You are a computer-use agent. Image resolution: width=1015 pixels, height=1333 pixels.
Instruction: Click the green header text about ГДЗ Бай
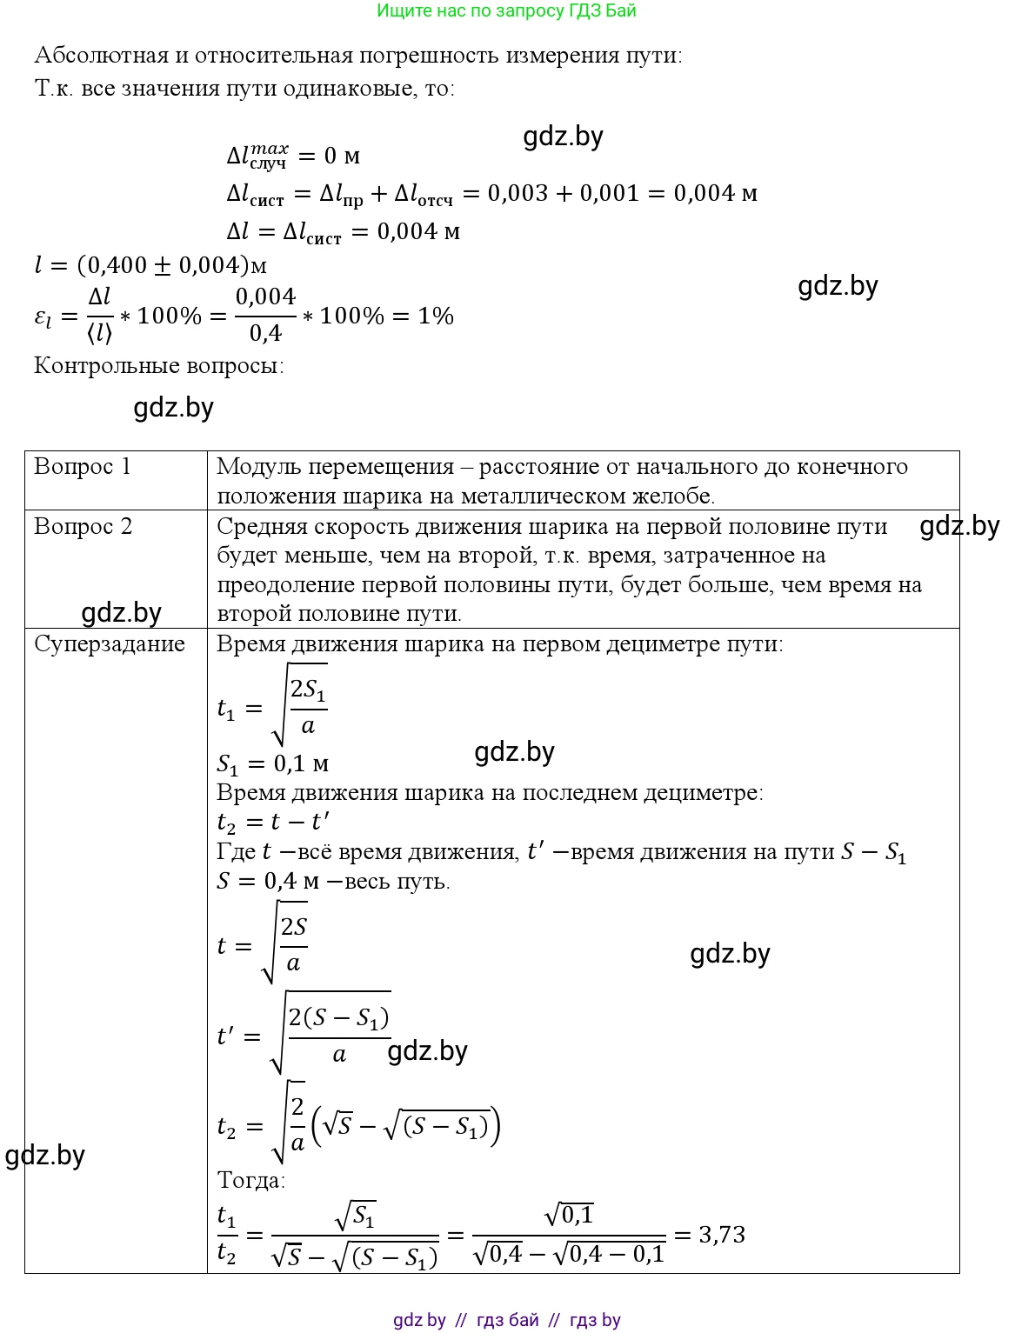506,10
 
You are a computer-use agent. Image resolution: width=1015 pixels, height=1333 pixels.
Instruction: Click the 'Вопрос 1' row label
82,467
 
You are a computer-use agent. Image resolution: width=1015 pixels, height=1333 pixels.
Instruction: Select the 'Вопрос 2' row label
83,526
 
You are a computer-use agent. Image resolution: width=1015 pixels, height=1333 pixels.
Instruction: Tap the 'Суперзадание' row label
110,644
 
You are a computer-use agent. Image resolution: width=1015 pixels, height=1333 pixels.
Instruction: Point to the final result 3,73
722,1235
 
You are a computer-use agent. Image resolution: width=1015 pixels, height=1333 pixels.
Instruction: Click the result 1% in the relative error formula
436,317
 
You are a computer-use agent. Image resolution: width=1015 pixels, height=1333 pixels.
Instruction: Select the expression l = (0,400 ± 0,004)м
150,265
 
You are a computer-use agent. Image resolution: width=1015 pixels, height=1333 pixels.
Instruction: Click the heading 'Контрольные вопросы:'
159,365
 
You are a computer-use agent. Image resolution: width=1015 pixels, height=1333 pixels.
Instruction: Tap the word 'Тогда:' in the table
250,1180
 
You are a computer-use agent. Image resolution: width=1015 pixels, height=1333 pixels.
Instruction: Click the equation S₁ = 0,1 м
272,764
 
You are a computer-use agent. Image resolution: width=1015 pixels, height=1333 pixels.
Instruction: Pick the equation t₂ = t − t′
272,822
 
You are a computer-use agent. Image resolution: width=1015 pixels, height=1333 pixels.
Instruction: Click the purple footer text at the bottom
507,1320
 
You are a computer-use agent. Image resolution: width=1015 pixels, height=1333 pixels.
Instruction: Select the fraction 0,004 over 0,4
265,315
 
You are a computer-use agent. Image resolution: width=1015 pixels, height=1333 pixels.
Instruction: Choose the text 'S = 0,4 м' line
268,881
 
